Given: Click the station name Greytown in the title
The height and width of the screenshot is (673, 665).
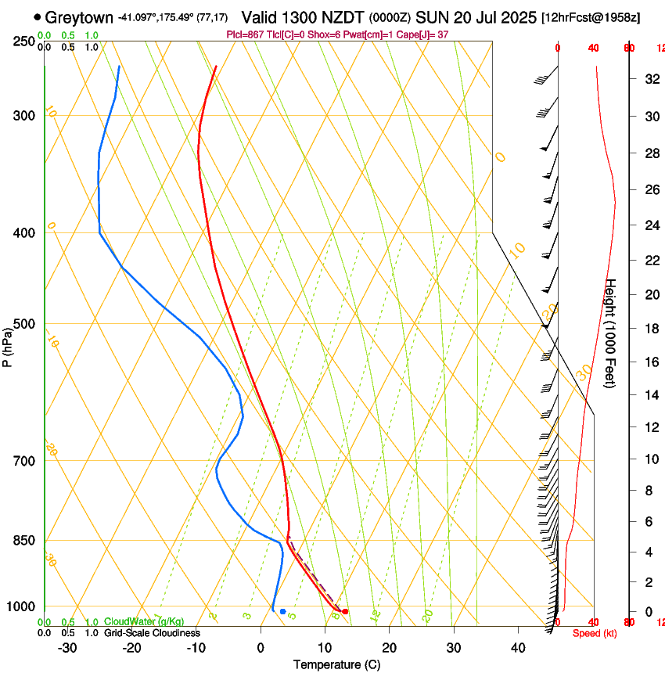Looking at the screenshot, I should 79,17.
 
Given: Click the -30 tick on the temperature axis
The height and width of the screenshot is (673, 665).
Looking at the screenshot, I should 67,647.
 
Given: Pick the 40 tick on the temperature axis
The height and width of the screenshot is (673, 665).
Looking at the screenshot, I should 517,647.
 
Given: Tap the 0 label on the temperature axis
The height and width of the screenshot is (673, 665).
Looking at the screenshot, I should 261,647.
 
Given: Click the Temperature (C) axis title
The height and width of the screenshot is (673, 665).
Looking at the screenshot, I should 336,664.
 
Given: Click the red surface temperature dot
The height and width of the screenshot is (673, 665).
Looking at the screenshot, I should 345,611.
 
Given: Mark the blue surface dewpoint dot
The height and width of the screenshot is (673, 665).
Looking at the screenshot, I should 282,611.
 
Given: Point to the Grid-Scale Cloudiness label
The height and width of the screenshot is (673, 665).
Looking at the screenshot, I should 152,632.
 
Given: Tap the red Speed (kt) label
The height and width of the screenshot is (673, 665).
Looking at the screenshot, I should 595,633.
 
